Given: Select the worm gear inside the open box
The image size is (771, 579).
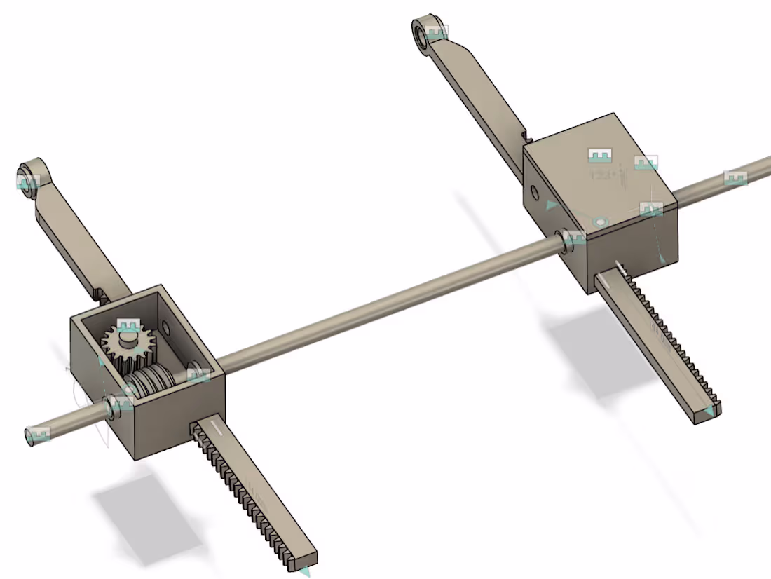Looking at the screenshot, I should click(x=151, y=382).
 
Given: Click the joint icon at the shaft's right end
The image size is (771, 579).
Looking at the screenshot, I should click(x=735, y=178).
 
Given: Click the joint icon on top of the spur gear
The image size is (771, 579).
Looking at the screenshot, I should click(x=128, y=327).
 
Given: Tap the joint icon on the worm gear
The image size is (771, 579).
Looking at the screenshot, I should click(x=198, y=374).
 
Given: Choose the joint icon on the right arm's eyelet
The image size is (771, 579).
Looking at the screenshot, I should click(x=436, y=32).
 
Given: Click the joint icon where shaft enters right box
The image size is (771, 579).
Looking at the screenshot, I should click(x=575, y=238).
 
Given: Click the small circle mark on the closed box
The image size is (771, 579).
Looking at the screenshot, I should click(x=599, y=222).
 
